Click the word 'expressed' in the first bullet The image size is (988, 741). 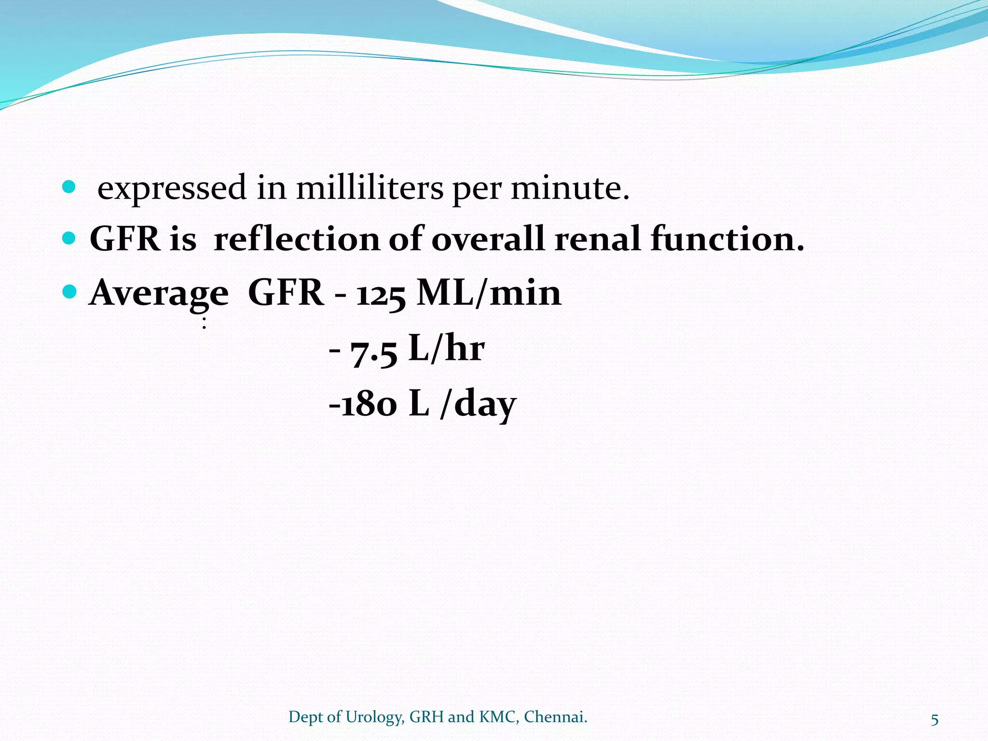tap(172, 189)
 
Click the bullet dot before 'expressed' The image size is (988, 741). tap(69, 187)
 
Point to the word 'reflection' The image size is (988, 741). tap(297, 239)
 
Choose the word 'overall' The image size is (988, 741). tap(488, 239)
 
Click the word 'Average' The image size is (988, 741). tap(159, 293)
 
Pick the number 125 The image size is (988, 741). tap(381, 294)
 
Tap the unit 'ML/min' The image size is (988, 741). tap(489, 293)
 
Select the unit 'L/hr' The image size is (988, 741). tap(446, 348)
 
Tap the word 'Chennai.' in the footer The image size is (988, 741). tap(555, 717)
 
